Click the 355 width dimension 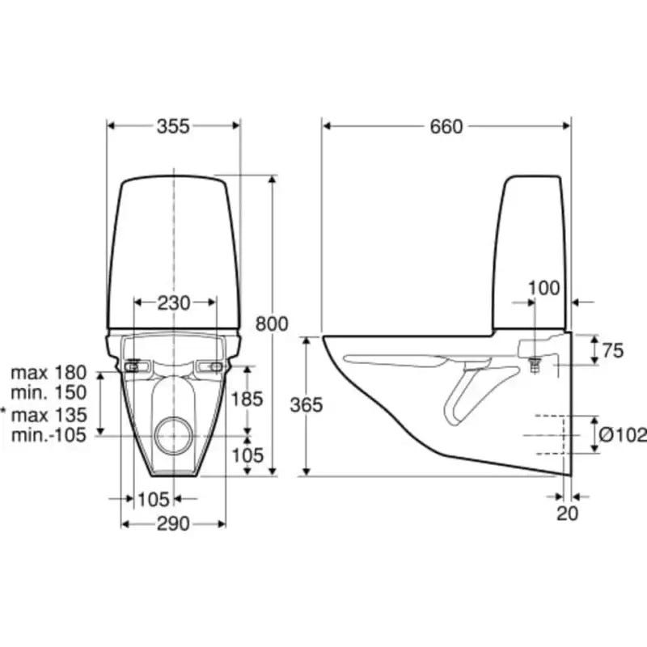click(173, 126)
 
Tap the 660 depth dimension click(446, 126)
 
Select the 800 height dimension click(272, 324)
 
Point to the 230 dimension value click(174, 303)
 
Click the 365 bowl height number click(307, 405)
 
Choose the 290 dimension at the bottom click(173, 524)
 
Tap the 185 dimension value click(247, 399)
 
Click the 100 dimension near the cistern click(543, 288)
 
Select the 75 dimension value click(613, 351)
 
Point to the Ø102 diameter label click(623, 435)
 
